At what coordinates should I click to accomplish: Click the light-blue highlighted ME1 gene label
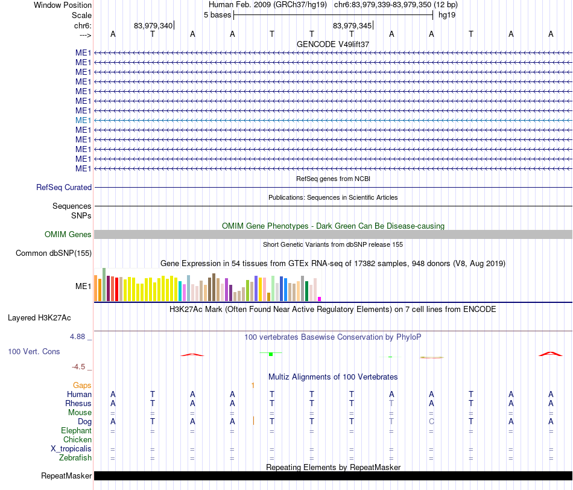click(x=83, y=120)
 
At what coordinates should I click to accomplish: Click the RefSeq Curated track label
click(x=64, y=187)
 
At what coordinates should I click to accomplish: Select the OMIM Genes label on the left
click(x=68, y=234)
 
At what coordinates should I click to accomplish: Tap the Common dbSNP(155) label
click(x=54, y=253)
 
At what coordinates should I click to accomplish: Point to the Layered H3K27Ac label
click(x=39, y=318)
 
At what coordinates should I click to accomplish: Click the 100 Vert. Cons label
click(x=34, y=351)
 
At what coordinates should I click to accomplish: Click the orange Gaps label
click(x=82, y=385)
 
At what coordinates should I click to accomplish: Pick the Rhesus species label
click(x=78, y=403)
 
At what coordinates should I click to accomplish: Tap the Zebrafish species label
click(x=75, y=457)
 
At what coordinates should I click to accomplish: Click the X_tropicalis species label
click(x=71, y=449)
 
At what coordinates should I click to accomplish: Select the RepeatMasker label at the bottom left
click(x=66, y=476)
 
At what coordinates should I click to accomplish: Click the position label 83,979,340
click(x=153, y=25)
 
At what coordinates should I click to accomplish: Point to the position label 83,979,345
click(x=352, y=25)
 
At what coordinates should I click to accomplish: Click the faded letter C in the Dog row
click(x=432, y=421)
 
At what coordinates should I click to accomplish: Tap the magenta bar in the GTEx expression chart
click(x=320, y=299)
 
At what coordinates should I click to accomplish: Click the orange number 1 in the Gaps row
click(x=253, y=385)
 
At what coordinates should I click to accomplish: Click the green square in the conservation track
click(x=271, y=354)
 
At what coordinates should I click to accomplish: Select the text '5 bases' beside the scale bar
click(x=217, y=15)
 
